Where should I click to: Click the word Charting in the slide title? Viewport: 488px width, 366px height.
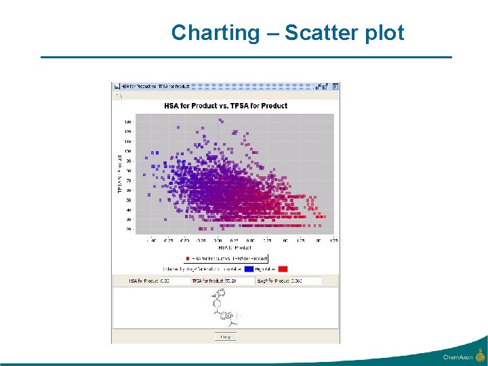tap(215, 33)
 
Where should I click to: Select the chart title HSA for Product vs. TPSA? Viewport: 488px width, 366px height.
tap(226, 106)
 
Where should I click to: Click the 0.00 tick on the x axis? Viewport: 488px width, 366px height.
tap(218, 241)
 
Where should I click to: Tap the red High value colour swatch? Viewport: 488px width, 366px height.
tap(283, 268)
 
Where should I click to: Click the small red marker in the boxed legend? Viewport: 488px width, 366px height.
tap(188, 258)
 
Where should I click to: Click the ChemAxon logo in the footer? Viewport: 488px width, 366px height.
tap(464, 356)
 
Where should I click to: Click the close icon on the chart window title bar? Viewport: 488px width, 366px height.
tap(335, 86)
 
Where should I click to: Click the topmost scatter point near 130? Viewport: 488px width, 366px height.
tap(222, 121)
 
